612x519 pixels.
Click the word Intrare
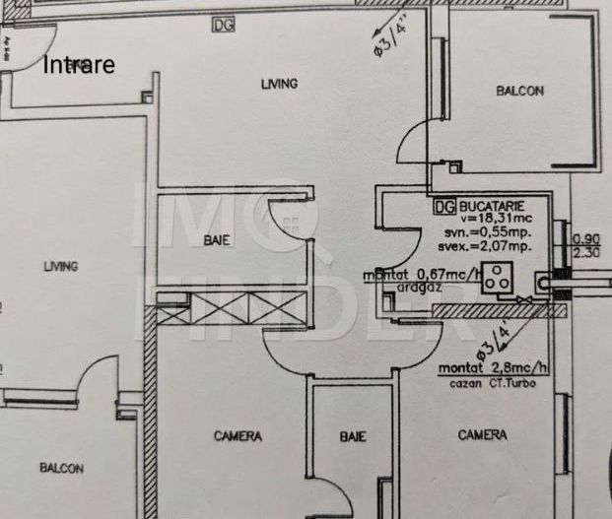tap(79, 66)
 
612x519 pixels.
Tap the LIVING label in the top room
tap(279, 84)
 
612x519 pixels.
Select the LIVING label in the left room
tap(60, 266)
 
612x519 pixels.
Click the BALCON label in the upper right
tap(519, 91)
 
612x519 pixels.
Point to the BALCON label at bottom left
tap(61, 468)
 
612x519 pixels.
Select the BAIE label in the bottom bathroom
tap(352, 436)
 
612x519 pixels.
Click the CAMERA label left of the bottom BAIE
tap(238, 435)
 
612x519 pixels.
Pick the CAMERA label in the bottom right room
tap(482, 434)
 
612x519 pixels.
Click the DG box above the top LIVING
tap(223, 26)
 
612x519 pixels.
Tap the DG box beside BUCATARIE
tap(444, 207)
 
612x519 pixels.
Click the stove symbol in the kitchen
tap(501, 279)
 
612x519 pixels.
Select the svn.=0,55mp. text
tap(490, 232)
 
